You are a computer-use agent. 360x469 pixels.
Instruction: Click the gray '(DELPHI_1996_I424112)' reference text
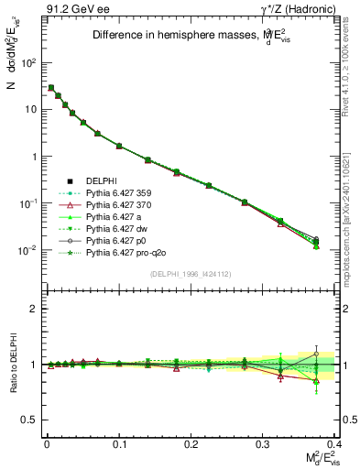186,274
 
